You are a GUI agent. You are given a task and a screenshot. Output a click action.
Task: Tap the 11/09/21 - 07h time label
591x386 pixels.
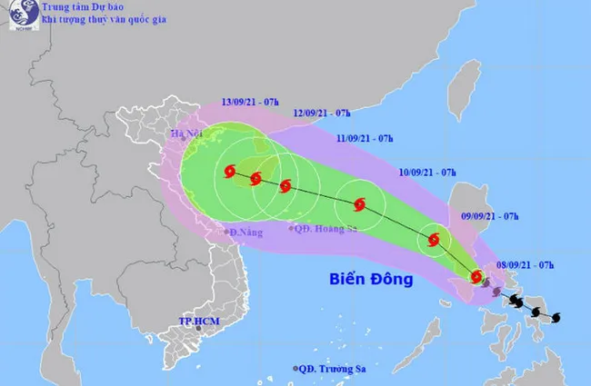click(365, 138)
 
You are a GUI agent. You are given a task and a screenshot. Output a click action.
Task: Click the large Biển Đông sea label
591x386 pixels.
click(370, 278)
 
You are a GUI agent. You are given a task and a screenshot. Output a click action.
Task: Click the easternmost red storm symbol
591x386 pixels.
click(477, 275)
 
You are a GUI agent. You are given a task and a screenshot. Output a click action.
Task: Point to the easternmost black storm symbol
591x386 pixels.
click(556, 316)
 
